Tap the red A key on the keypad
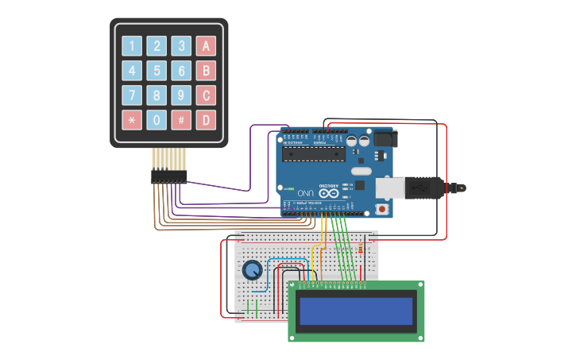click(x=206, y=46)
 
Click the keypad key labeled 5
click(x=157, y=71)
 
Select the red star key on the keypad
click(x=132, y=120)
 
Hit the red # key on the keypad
click(x=181, y=120)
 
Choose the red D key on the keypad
click(x=206, y=120)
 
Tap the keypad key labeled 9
click(x=181, y=95)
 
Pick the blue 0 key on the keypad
click(x=157, y=120)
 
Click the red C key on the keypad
click(x=206, y=95)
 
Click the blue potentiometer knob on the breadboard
click(x=252, y=270)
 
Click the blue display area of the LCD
click(x=357, y=311)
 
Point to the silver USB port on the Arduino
click(x=389, y=188)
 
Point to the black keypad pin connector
click(x=169, y=177)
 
